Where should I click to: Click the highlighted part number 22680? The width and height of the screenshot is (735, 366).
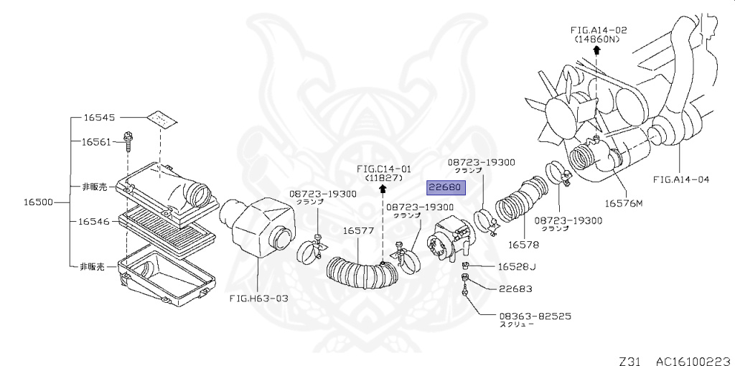tap(446, 188)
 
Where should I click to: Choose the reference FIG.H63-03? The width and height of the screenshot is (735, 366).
tap(258, 298)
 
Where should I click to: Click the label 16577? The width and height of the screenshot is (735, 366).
tap(357, 230)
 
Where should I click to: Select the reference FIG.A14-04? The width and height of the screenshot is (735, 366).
tap(680, 179)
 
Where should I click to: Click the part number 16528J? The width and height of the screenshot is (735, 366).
tap(518, 267)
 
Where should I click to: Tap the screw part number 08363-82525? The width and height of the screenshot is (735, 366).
tap(535, 316)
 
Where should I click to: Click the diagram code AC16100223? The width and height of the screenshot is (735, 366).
tap(692, 357)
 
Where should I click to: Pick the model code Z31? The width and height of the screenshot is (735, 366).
tap(632, 357)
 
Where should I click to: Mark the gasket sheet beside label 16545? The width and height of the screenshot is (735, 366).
tap(163, 118)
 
